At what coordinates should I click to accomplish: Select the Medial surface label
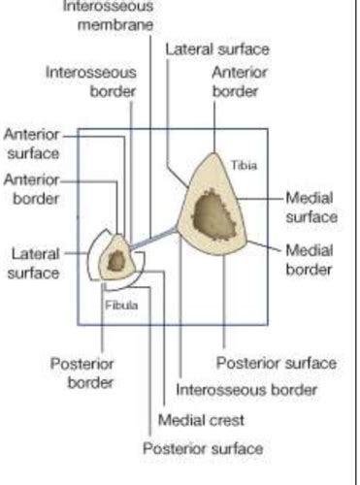tap(311, 206)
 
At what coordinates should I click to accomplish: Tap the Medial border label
tap(311, 258)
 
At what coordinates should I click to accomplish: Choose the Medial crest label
tap(201, 420)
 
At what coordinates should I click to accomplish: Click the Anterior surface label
tap(32, 144)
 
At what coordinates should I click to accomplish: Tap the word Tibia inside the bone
tap(245, 165)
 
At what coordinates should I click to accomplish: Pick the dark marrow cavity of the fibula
tap(117, 261)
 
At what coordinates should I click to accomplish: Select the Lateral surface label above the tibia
tap(217, 48)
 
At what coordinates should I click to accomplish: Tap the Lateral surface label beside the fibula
tap(35, 263)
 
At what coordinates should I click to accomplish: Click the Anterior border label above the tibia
tap(235, 81)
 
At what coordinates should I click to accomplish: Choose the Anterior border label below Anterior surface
tap(31, 188)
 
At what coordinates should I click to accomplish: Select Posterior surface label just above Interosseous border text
tap(276, 363)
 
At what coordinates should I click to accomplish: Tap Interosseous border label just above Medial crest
tap(246, 390)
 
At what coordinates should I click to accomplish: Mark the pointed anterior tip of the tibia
tap(234, 152)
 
